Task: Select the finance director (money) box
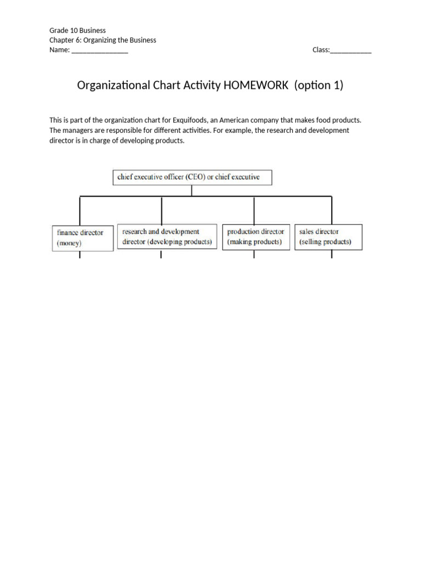point(83,238)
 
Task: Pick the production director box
point(255,237)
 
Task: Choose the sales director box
point(328,237)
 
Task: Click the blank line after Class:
point(351,50)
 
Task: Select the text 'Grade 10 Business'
point(77,30)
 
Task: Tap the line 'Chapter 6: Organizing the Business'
point(103,40)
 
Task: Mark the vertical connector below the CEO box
point(192,190)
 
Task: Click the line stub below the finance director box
point(80,255)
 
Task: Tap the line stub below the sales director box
point(332,254)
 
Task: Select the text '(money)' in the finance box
point(69,243)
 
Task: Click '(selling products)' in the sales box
point(326,242)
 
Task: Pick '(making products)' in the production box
point(254,242)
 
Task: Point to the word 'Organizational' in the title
point(113,86)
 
